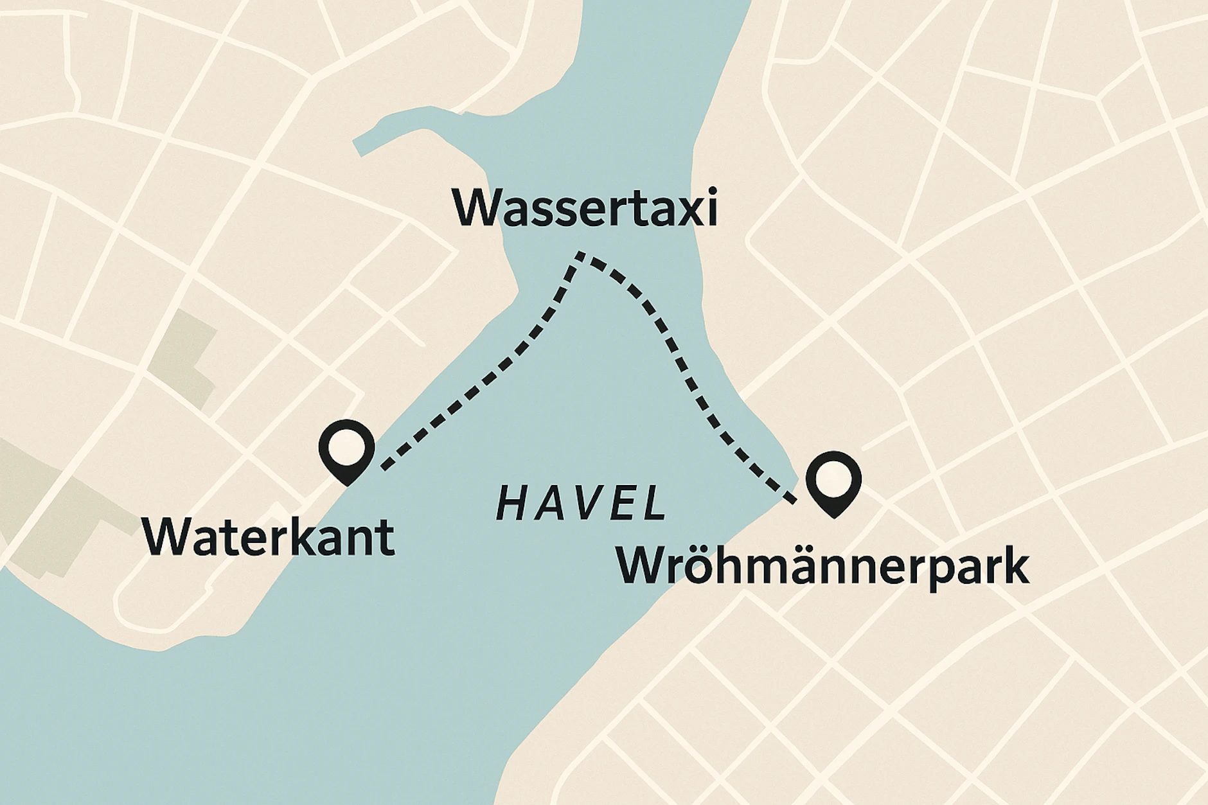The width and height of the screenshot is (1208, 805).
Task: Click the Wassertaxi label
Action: [584, 207]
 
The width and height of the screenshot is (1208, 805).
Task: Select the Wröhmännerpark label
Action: [823, 567]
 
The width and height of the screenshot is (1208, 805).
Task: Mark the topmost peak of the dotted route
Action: [581, 255]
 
